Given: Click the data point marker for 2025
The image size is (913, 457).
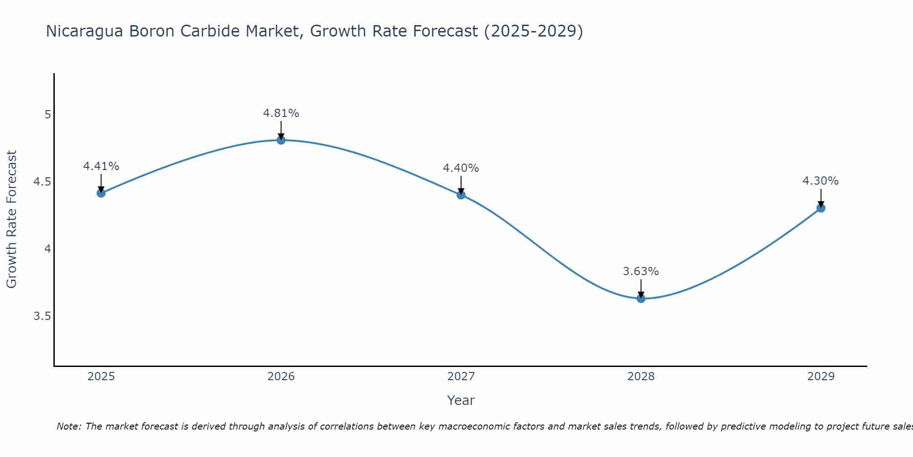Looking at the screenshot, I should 101,193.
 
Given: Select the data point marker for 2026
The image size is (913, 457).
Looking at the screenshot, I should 281,140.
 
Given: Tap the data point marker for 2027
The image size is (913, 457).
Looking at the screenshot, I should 461,195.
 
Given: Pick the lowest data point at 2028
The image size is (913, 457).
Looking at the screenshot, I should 641,298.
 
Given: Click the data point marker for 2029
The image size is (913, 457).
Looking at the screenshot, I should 821,208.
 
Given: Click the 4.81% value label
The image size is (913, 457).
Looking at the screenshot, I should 281,113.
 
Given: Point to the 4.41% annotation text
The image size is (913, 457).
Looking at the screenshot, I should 101,166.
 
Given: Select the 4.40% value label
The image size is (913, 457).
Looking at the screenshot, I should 461,168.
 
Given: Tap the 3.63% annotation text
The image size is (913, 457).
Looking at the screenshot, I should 641,271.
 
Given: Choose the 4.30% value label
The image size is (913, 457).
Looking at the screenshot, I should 821,181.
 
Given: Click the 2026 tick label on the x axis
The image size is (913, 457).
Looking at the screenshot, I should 281,377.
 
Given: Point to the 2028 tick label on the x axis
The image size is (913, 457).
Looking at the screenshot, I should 641,377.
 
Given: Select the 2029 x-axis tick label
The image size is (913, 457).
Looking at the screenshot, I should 821,377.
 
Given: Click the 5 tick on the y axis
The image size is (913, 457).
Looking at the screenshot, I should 48,114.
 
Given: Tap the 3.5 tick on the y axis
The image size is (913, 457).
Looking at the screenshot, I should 42,316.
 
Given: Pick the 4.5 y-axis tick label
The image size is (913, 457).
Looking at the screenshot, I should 42,182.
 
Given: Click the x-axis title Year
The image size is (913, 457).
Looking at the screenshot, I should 461,400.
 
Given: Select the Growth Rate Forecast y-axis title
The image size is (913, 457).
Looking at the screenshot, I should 11,219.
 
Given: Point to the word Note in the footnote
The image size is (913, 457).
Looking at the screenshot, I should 68,426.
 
